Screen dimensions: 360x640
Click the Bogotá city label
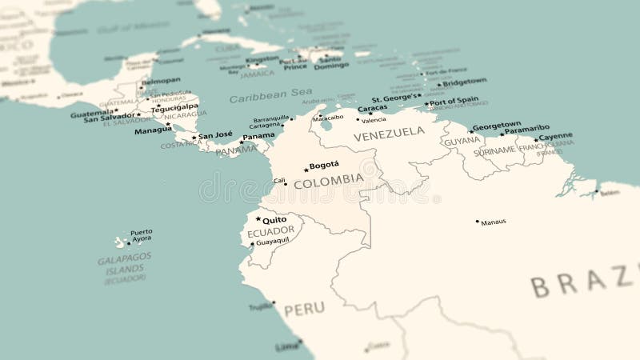tap(324, 166)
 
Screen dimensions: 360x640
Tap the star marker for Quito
tap(258, 219)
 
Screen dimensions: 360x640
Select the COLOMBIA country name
tap(328, 182)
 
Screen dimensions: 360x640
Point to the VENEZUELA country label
tap(390, 133)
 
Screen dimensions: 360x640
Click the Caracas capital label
tap(372, 108)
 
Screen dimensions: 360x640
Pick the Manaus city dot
tap(478, 222)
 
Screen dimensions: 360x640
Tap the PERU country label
tap(304, 308)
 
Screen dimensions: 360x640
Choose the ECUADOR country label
tap(270, 232)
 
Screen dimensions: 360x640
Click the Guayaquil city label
tap(273, 241)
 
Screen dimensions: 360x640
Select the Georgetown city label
tap(497, 125)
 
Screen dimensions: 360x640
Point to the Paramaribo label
tap(527, 128)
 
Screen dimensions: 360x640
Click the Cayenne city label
tap(555, 137)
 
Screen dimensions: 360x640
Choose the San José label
tap(215, 136)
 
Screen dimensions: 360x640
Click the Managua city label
tap(153, 130)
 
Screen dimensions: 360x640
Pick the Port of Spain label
tap(454, 101)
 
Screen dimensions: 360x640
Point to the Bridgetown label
tap(465, 82)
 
